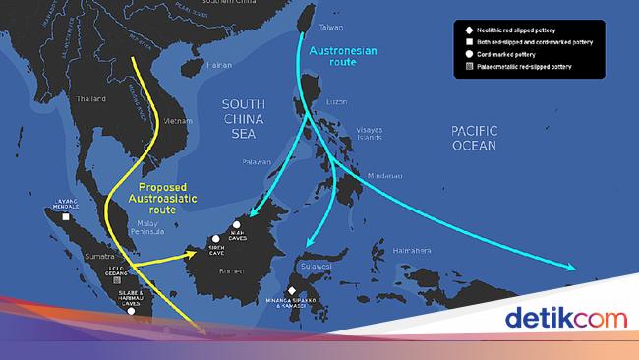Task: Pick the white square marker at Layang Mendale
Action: (65, 218)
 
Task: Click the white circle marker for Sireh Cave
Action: (215, 239)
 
